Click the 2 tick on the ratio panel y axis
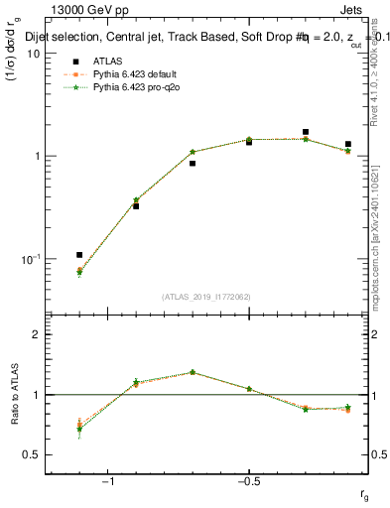pyautogui.click(x=38, y=334)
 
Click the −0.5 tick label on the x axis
pyautogui.click(x=248, y=481)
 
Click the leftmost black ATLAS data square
pyautogui.click(x=79, y=255)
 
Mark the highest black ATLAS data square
pyautogui.click(x=306, y=132)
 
